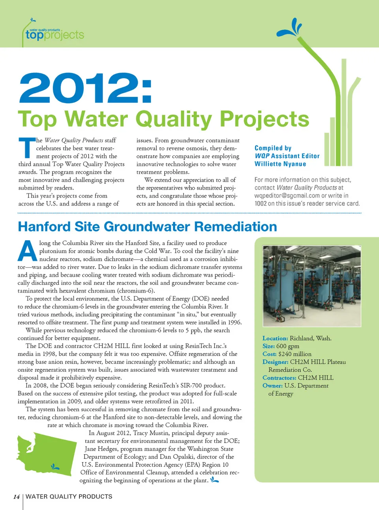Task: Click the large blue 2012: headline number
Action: click(85, 88)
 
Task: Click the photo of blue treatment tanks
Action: click(311, 286)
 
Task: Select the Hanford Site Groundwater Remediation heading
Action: click(147, 227)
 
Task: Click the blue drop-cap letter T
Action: click(27, 147)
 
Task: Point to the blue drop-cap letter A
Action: click(28, 251)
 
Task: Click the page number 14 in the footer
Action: click(16, 497)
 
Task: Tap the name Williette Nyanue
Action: click(280, 164)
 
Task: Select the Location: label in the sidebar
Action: click(275, 338)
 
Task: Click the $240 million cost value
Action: click(295, 354)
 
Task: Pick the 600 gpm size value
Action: click(288, 346)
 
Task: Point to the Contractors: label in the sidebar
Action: click(279, 378)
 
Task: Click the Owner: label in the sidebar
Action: click(272, 386)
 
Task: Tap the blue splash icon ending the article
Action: click(214, 480)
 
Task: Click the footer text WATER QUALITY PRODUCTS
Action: click(69, 497)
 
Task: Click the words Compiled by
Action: click(273, 148)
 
